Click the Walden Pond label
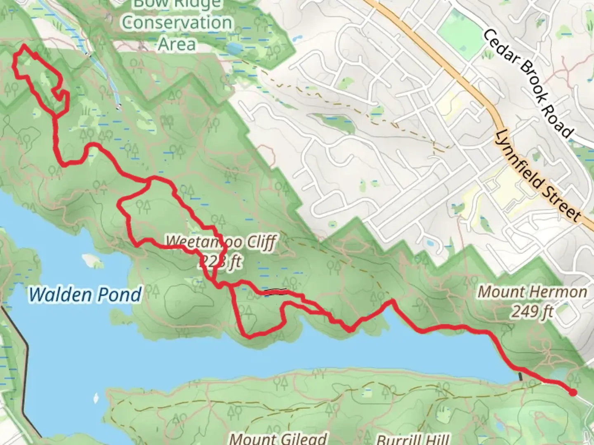(x=85, y=295)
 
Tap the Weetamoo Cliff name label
(x=221, y=242)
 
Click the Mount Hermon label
(x=533, y=292)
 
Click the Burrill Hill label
(x=412, y=439)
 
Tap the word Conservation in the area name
(x=177, y=23)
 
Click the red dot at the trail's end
(x=573, y=392)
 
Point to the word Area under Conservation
(x=177, y=44)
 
